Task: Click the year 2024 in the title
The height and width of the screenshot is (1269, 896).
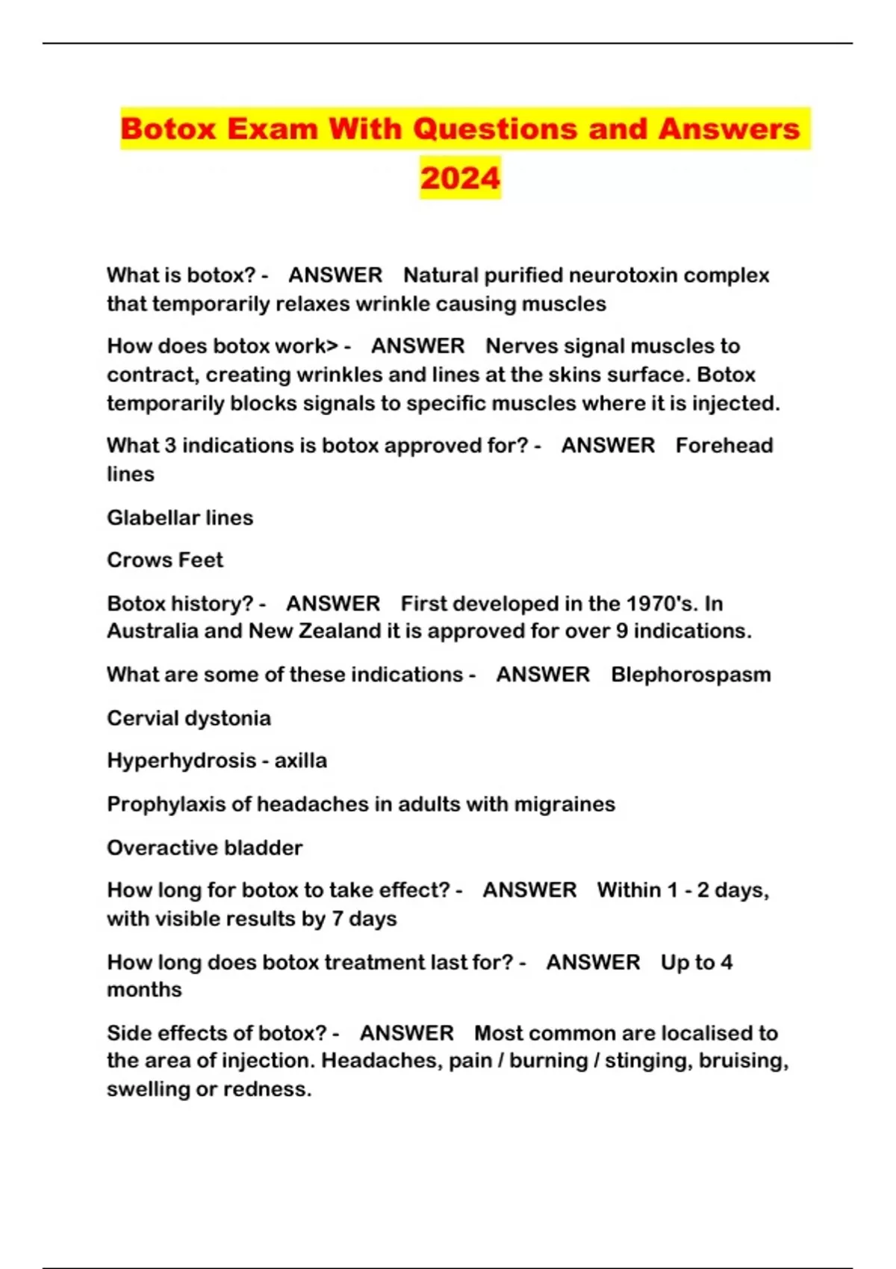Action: [x=460, y=178]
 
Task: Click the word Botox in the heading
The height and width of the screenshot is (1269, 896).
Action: [x=168, y=128]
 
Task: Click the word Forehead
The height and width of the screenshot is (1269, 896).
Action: [x=724, y=446]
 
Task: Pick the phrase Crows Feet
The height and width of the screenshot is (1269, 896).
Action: [x=165, y=560]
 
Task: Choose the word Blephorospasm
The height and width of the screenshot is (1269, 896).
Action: [x=691, y=675]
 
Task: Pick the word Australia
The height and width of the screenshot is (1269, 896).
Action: [x=152, y=632]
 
